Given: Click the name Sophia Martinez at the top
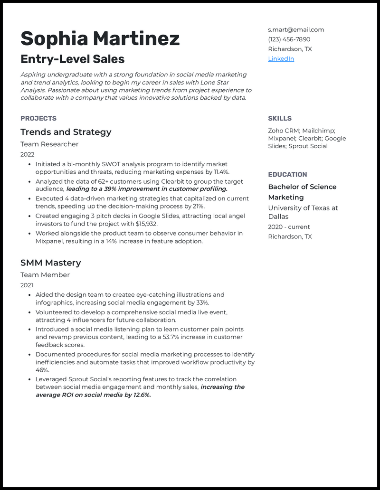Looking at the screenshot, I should (x=100, y=38).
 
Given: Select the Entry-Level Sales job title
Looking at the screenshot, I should (x=72, y=59).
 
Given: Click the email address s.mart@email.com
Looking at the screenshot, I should (x=295, y=29).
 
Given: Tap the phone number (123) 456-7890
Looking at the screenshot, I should (x=289, y=39).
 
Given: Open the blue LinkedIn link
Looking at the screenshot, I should (x=281, y=59).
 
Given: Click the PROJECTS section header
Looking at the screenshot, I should (x=38, y=119).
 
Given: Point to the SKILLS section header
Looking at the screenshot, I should (x=279, y=119).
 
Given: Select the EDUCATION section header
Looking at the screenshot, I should (x=287, y=175).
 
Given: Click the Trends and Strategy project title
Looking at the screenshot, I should (x=66, y=132).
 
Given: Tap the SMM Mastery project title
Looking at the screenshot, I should (x=50, y=263).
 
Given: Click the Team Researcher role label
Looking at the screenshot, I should (x=49, y=144).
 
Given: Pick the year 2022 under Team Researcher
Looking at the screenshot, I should (x=27, y=154).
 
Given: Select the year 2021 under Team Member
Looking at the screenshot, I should (x=27, y=285).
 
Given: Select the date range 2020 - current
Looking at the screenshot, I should (x=289, y=227).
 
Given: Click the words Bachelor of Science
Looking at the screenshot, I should (x=302, y=187).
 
